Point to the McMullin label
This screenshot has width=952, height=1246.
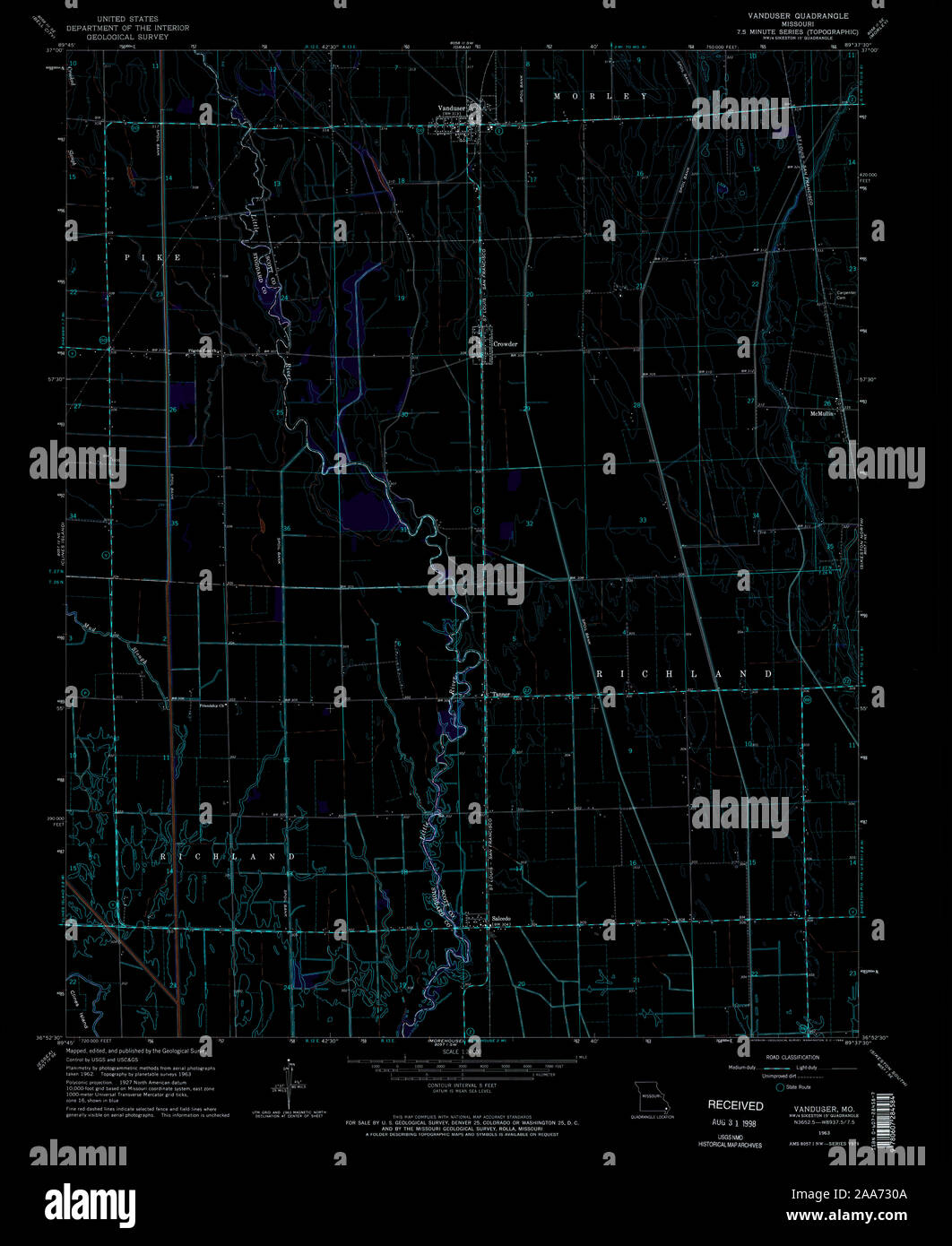tap(821, 413)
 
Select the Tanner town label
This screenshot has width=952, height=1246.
tap(499, 694)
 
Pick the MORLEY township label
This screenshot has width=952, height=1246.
tap(600, 96)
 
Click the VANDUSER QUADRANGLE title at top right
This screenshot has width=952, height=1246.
tap(799, 16)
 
